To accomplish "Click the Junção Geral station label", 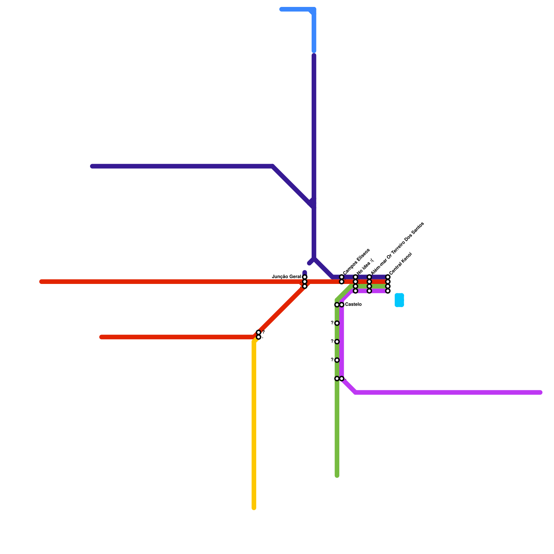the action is tap(287, 277).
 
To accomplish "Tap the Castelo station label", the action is tap(353, 305).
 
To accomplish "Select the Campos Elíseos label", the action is tap(356, 261).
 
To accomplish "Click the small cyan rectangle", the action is tap(399, 300).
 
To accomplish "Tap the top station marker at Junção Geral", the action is tap(305, 277).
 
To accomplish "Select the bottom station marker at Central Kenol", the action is tap(388, 291).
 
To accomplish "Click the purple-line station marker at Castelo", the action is tap(342, 305).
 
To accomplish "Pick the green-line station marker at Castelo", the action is tap(337, 305).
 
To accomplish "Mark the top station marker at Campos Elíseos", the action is tap(342, 277).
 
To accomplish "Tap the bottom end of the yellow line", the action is tap(254, 508).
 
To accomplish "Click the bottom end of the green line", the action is tap(337, 476).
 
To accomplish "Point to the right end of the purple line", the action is tap(540, 392).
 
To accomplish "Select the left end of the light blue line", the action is tap(281, 9).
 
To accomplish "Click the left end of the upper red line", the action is tap(42, 282).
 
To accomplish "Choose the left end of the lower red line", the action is tap(101, 337).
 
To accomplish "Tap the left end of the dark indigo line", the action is tap(92, 166).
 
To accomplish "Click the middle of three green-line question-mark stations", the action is tap(337, 342).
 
